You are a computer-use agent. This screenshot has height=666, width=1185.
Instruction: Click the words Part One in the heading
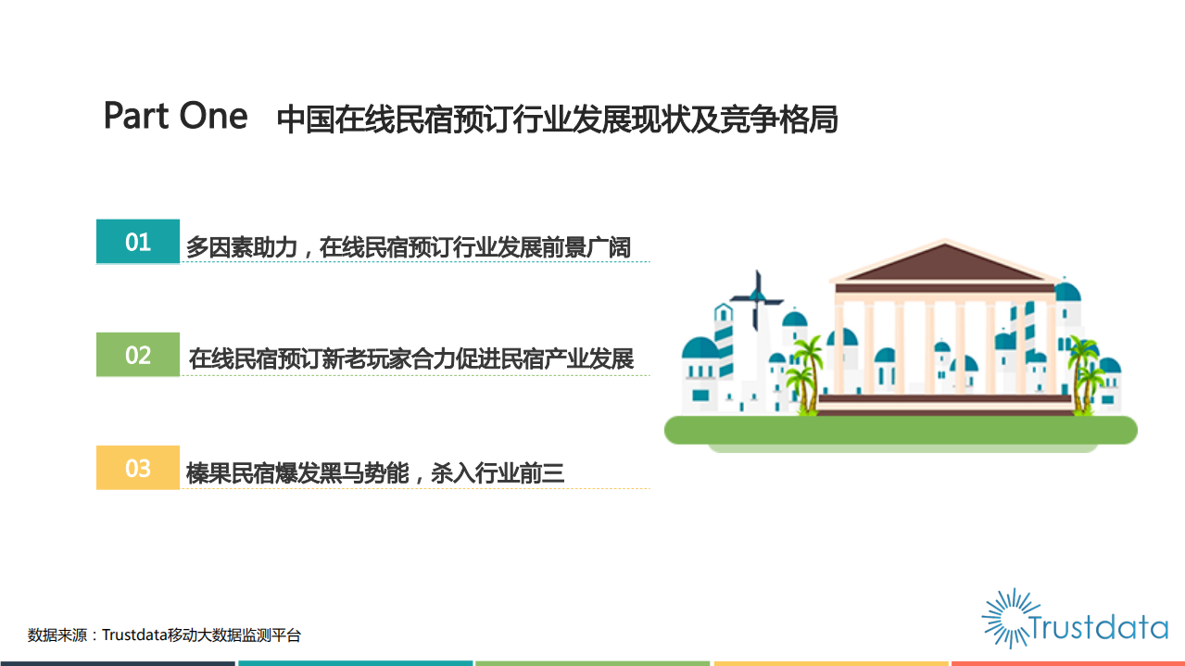[x=175, y=117]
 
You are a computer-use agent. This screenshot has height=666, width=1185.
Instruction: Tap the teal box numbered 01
[x=138, y=242]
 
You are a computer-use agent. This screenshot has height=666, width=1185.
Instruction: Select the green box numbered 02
[x=138, y=355]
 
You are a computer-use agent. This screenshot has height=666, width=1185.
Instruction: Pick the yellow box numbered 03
[x=138, y=468]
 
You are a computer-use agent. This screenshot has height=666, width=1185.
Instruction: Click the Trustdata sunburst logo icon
[x=1005, y=617]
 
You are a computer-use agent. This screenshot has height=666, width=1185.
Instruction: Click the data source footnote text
[x=164, y=635]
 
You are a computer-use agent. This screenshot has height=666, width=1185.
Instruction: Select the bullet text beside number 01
[x=408, y=247]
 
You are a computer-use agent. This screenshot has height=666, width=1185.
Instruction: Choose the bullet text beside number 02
[x=410, y=358]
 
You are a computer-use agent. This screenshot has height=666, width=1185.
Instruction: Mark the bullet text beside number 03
[x=375, y=473]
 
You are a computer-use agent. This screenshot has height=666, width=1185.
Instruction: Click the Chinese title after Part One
[x=557, y=120]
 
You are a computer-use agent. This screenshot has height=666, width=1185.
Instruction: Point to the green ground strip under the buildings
[x=900, y=430]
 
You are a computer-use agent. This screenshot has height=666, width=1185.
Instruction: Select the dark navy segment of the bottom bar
[x=118, y=663]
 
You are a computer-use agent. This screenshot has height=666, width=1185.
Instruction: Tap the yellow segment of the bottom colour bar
[x=830, y=663]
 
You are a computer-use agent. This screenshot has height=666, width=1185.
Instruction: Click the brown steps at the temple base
[x=944, y=404]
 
